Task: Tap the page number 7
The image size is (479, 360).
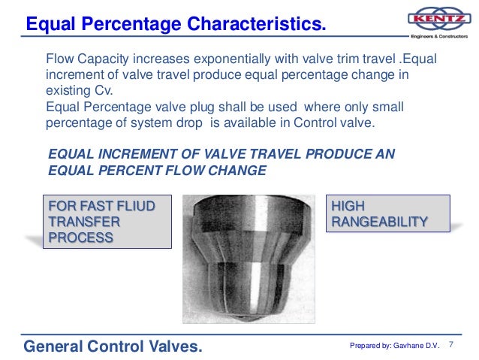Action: click(x=452, y=344)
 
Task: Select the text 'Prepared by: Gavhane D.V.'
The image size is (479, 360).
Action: click(x=394, y=346)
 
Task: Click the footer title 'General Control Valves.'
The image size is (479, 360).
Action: click(x=113, y=346)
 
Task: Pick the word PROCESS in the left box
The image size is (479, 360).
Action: click(x=80, y=238)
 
